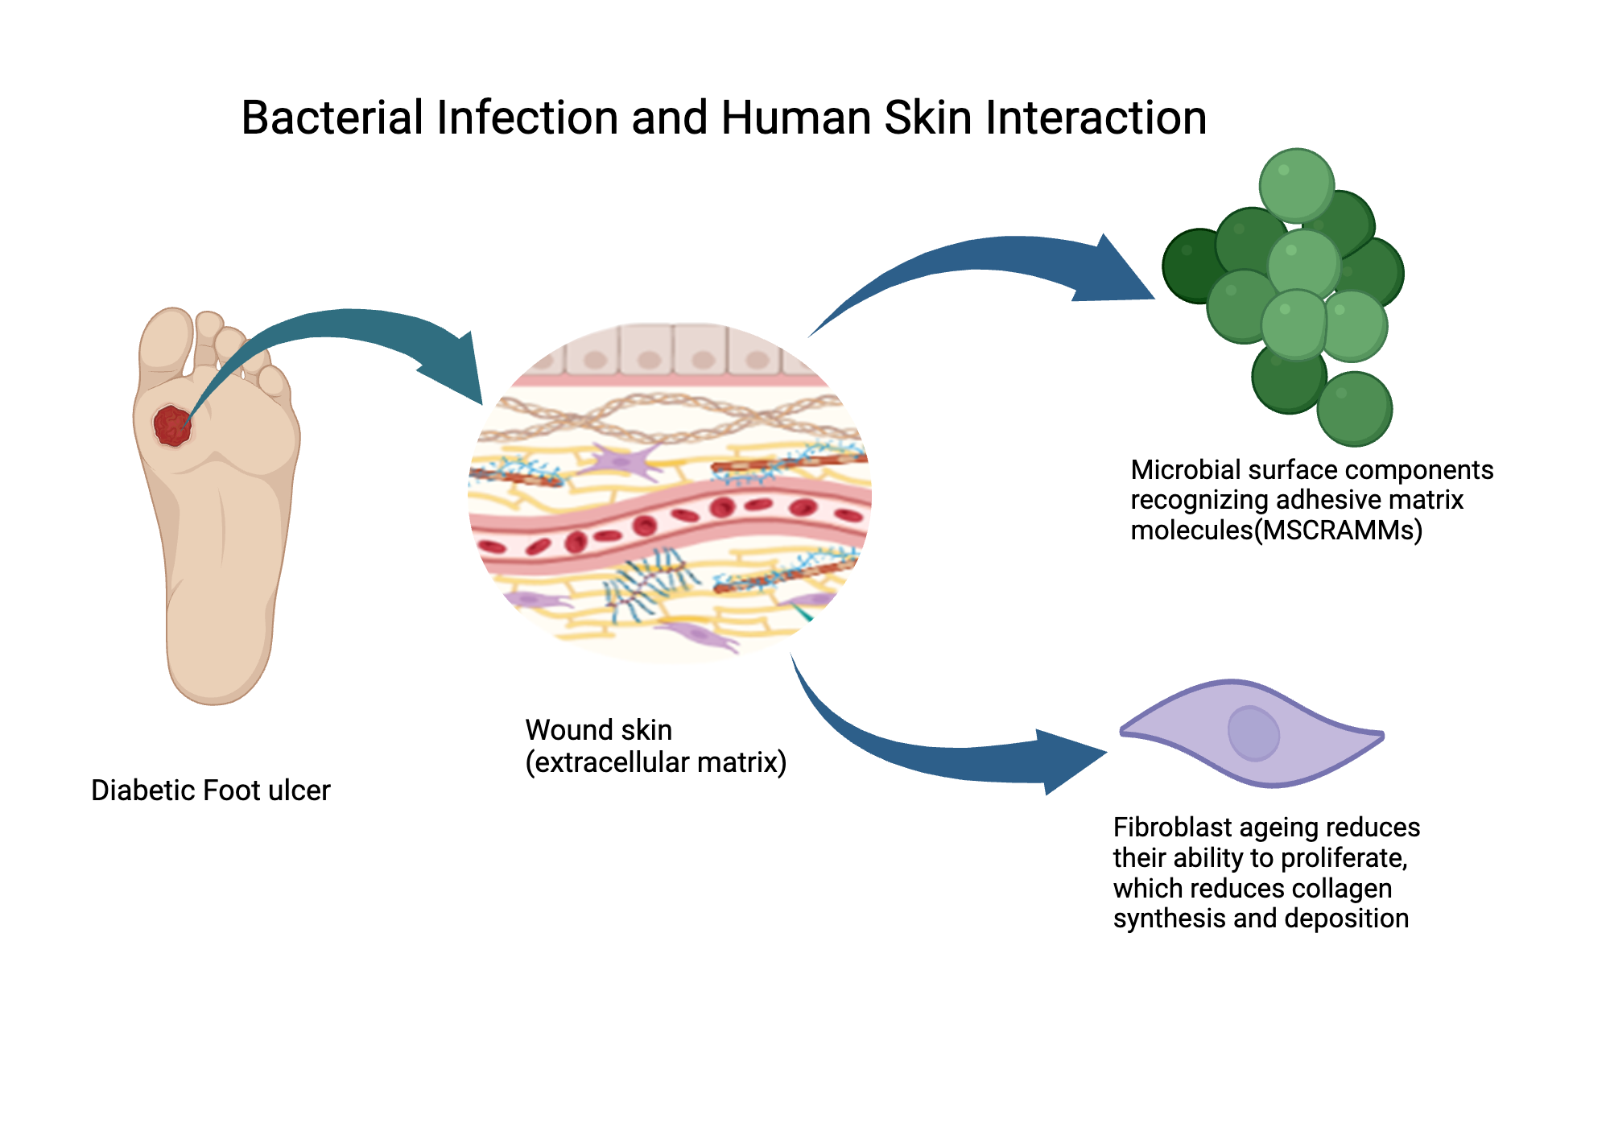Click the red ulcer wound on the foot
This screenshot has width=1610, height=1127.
point(172,426)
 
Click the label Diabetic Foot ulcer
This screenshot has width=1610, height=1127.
point(210,791)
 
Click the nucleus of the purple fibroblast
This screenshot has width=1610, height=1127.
point(1253,733)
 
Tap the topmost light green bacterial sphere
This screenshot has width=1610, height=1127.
point(1296,185)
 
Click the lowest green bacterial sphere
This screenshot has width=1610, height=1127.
point(1355,409)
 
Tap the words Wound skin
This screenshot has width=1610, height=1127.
point(598,730)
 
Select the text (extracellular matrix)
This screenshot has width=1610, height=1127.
point(655,762)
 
